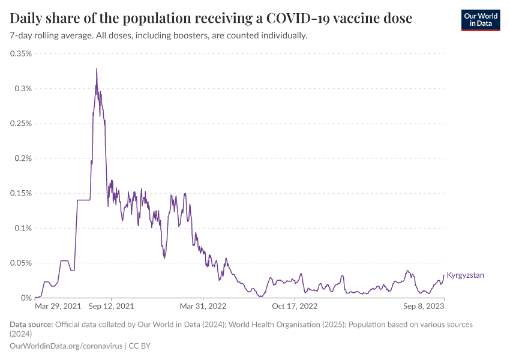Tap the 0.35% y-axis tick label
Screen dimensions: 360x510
click(x=21, y=53)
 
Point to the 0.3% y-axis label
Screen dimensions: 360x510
click(x=23, y=89)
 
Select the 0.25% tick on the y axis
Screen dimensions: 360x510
click(x=21, y=124)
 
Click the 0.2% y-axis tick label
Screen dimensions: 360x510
click(x=23, y=158)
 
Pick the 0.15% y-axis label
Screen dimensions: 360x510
click(x=21, y=193)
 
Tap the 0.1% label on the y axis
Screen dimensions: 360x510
click(x=23, y=228)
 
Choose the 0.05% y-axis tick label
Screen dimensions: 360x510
click(x=21, y=263)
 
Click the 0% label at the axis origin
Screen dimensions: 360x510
click(x=26, y=298)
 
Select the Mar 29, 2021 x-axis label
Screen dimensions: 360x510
click(x=58, y=306)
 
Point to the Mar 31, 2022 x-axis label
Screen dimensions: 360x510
click(x=203, y=306)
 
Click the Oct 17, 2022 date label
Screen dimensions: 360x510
click(x=295, y=306)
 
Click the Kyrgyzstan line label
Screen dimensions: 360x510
click(x=466, y=275)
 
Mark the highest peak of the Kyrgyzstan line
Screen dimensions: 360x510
click(x=97, y=68)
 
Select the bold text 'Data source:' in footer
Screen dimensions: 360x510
click(x=31, y=325)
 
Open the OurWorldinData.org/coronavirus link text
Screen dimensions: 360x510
click(x=66, y=346)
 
